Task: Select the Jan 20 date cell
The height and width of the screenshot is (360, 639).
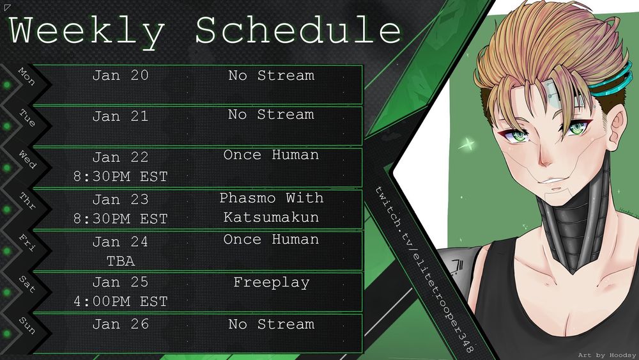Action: (x=120, y=75)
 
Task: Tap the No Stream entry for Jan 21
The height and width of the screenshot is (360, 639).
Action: (x=271, y=114)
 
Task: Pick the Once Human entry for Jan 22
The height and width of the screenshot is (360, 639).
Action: (x=271, y=155)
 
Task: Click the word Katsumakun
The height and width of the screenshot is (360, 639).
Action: (x=271, y=217)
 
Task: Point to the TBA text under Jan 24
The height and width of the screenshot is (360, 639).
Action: (x=121, y=261)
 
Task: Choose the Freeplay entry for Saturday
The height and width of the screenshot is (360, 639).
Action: (x=272, y=283)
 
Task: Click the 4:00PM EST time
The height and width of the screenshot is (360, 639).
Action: (x=121, y=301)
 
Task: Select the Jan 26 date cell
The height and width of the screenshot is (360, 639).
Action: (x=120, y=324)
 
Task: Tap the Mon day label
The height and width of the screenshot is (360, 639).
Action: (x=27, y=76)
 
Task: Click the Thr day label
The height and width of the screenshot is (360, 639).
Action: (x=27, y=201)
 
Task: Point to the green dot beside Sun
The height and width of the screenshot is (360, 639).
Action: (x=7, y=334)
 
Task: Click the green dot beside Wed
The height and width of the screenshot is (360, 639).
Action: (x=7, y=168)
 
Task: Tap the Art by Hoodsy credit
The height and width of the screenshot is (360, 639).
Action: (x=607, y=355)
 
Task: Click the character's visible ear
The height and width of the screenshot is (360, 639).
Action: (x=616, y=123)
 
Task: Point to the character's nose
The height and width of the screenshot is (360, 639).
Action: (x=545, y=157)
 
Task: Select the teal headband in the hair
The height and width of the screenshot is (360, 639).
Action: (x=612, y=82)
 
